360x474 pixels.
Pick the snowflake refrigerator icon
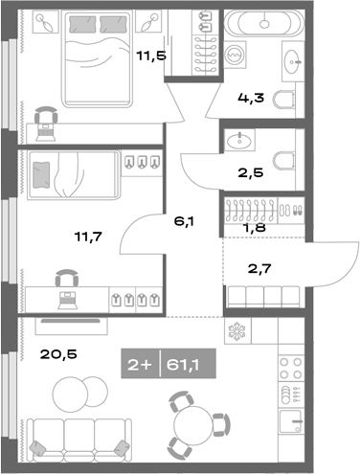237,331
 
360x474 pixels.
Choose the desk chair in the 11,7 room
67,279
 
